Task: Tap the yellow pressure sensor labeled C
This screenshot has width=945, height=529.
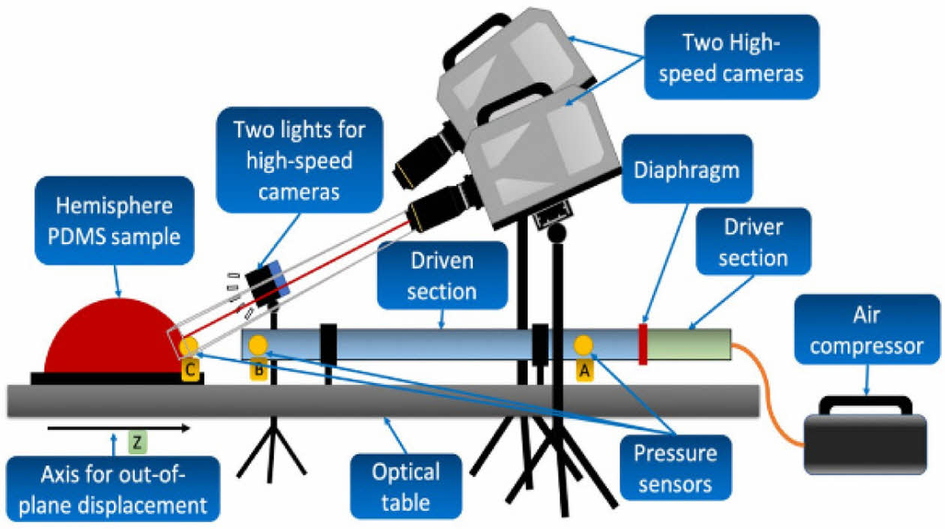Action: pos(188,346)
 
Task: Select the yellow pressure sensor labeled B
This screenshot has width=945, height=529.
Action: pos(258,345)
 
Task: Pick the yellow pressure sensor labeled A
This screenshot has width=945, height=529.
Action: pos(583,345)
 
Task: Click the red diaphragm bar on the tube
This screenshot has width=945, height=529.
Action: pos(643,345)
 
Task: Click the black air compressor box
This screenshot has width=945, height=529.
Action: pos(866,442)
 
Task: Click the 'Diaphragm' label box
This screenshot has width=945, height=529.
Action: pos(686,170)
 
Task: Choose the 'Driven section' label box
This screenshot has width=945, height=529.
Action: pos(442,276)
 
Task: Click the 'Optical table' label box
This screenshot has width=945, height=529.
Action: pos(406,486)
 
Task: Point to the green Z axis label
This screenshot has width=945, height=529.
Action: pos(136,442)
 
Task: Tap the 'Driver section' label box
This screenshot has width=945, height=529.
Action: pos(752,241)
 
